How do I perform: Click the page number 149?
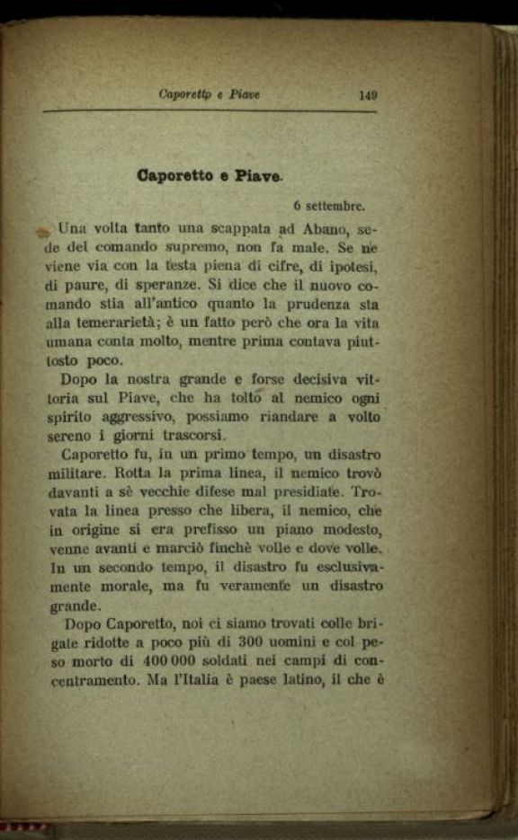tap(367, 94)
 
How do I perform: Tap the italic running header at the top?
tap(209, 94)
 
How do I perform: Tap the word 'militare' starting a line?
tap(73, 473)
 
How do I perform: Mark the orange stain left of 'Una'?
tap(42, 232)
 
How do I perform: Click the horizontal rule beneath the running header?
tap(209, 111)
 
